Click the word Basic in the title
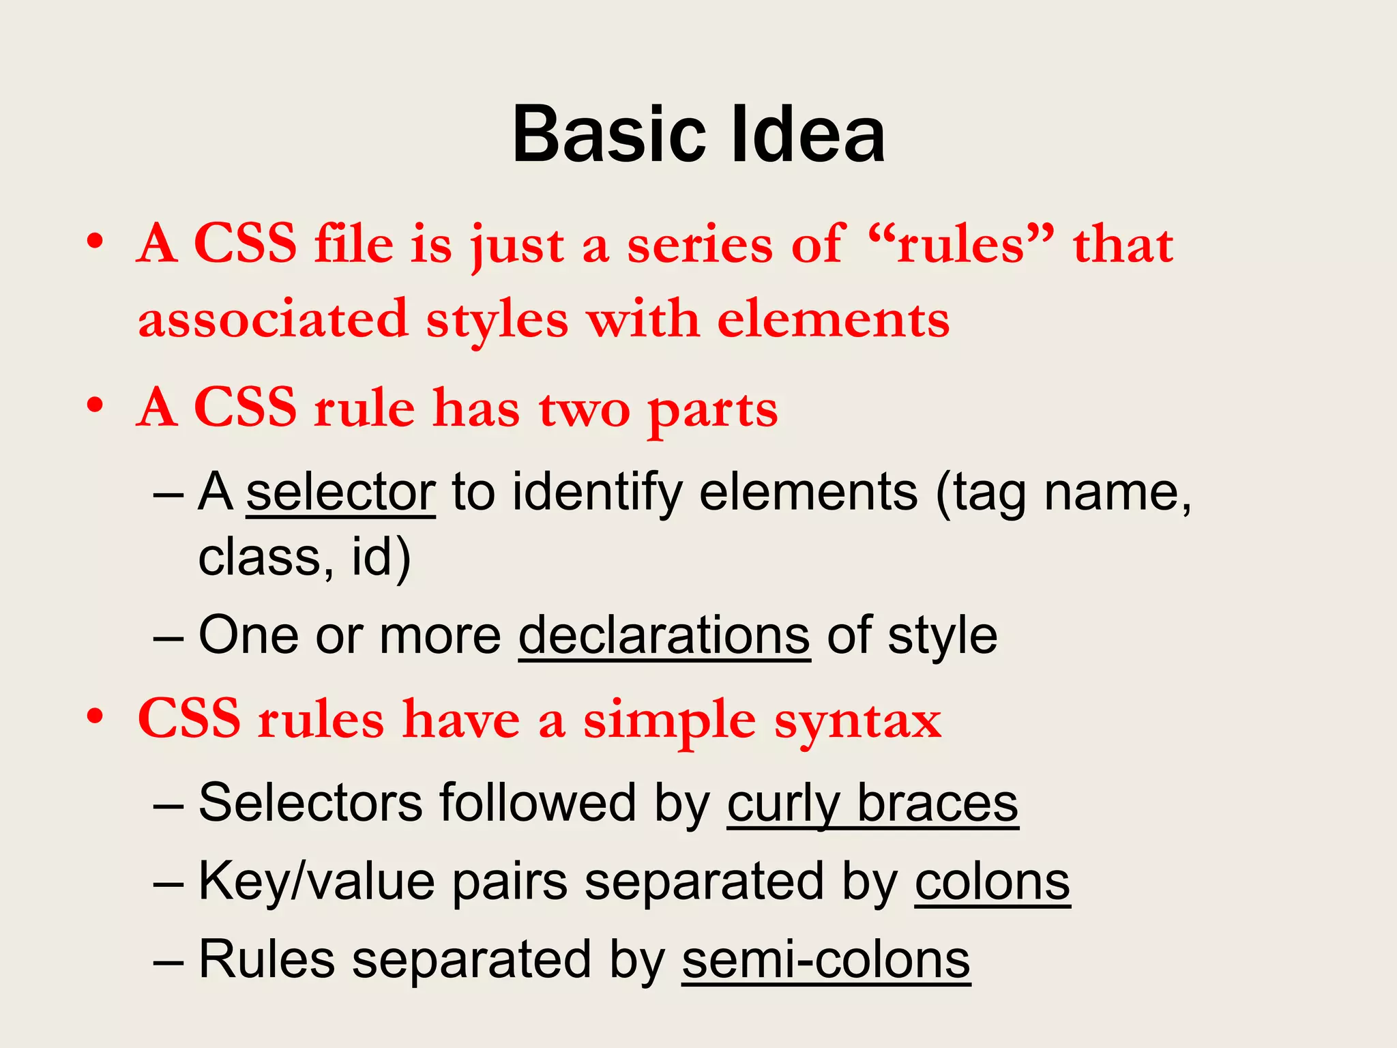pos(608,134)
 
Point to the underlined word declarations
pos(664,635)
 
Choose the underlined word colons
pos(992,882)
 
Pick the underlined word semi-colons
pos(826,959)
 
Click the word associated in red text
pos(273,319)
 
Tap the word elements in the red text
pos(833,319)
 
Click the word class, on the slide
pos(266,557)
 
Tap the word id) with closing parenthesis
pos(381,557)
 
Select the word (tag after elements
pos(981,493)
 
